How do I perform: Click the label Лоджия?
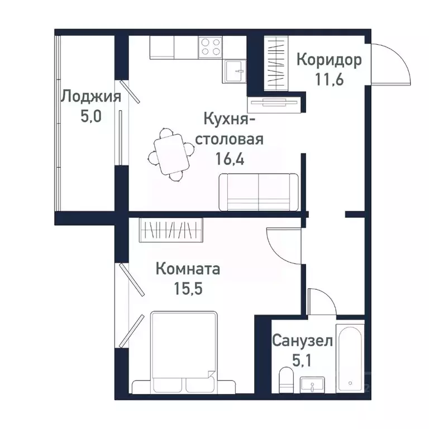(90, 97)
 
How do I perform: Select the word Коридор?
(328, 60)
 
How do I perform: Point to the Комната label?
(188, 269)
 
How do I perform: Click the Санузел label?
(303, 340)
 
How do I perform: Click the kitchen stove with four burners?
(210, 46)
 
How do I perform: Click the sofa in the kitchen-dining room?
(258, 192)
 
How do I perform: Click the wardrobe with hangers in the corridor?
(275, 62)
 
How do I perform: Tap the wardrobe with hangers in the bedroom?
(171, 230)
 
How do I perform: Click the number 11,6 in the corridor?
(328, 79)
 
